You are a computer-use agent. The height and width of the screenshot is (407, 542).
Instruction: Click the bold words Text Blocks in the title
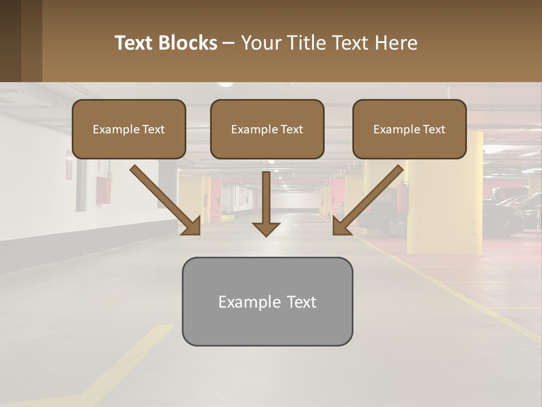[x=165, y=43]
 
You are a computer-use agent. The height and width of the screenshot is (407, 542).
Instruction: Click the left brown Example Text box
[x=129, y=129]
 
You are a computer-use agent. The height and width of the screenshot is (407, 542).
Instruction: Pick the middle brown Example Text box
[x=267, y=129]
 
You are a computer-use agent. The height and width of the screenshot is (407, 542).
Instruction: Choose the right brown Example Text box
[x=409, y=129]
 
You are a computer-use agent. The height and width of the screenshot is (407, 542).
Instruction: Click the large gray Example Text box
[x=267, y=302]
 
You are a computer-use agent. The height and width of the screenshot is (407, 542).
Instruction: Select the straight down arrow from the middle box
[x=266, y=203]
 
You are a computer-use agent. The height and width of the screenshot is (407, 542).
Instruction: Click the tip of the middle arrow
[x=266, y=234]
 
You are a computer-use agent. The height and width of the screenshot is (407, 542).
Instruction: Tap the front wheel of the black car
[x=397, y=227]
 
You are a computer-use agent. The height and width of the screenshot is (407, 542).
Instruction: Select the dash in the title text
[x=229, y=44]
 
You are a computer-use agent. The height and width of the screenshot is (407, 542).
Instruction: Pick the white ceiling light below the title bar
[x=225, y=84]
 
